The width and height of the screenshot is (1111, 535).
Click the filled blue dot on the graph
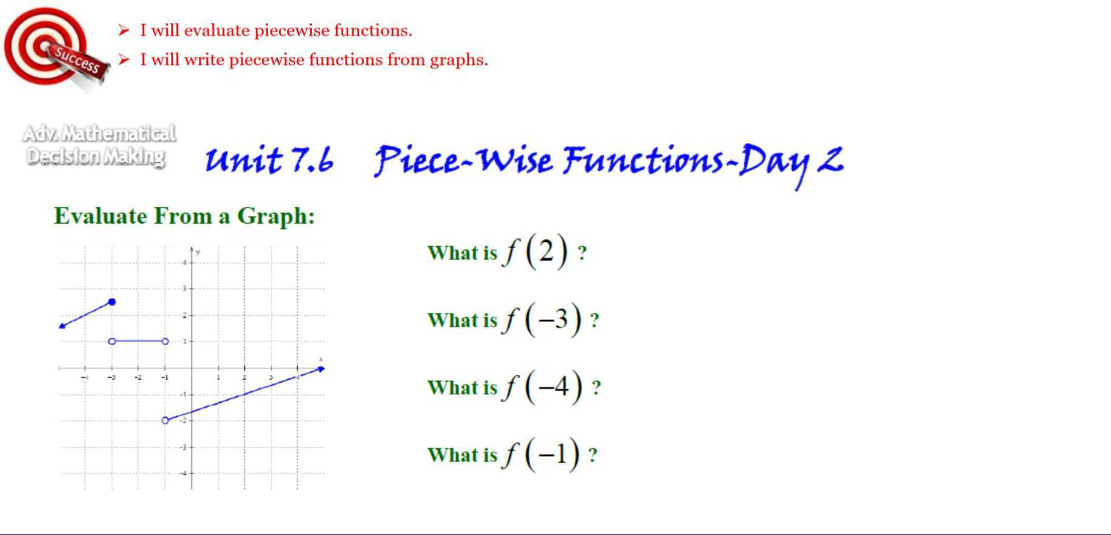112,301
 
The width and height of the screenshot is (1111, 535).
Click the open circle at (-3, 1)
112,342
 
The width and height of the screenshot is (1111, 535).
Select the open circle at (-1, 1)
166,342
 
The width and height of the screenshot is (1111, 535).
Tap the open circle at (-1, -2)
165,420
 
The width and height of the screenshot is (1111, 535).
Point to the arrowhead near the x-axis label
321,369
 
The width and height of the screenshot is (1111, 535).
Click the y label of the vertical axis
198,252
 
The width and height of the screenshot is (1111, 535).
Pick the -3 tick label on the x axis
112,377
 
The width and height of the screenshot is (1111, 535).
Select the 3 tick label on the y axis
184,289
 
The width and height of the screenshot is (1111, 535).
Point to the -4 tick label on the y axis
184,473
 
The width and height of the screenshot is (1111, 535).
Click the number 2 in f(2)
546,251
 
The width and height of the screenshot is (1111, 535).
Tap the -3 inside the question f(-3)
552,318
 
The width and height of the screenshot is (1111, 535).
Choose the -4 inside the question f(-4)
553,386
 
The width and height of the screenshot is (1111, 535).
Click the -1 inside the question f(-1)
552,454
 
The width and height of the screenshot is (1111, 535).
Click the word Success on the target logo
76,59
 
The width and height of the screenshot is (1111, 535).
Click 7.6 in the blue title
312,160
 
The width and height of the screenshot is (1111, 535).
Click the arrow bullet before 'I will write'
124,59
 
